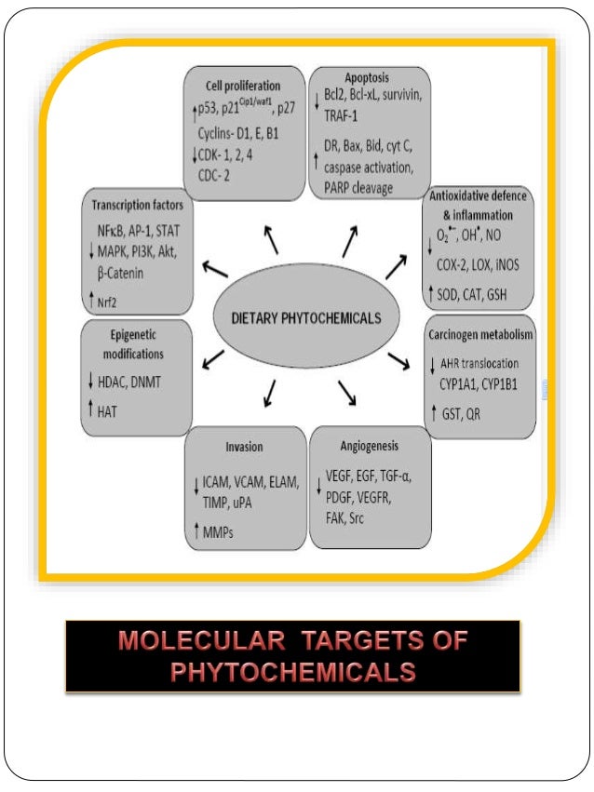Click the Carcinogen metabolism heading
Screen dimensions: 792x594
pos(479,332)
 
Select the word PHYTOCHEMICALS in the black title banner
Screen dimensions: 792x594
pos(293,671)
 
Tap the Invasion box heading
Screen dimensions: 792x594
pos(244,446)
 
